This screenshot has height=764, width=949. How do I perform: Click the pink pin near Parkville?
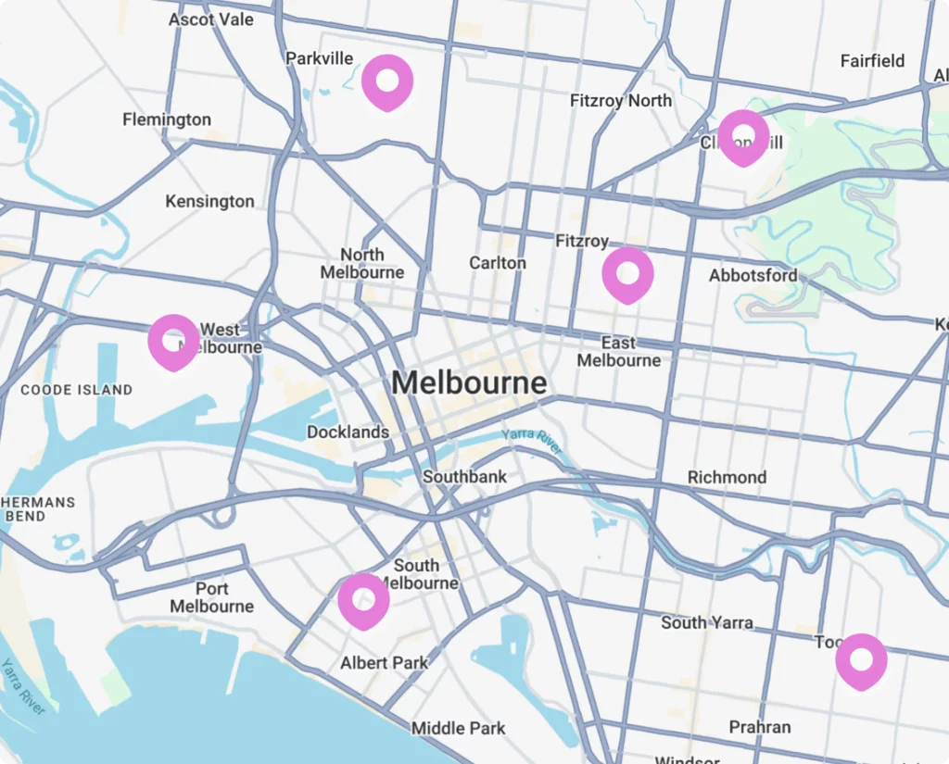pyautogui.click(x=386, y=81)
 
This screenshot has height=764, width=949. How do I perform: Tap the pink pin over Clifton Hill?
pyautogui.click(x=743, y=136)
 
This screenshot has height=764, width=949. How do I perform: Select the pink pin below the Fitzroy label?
pyautogui.click(x=627, y=273)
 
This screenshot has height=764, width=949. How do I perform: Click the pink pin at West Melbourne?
pyautogui.click(x=173, y=341)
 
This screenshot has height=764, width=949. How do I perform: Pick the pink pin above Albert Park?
pyautogui.click(x=363, y=599)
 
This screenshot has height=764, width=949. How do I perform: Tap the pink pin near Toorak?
pyautogui.click(x=861, y=659)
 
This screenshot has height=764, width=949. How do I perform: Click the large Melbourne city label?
pyautogui.click(x=469, y=382)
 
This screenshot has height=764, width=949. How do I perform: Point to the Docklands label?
pyautogui.click(x=348, y=432)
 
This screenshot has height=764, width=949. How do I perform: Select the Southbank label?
pyautogui.click(x=464, y=477)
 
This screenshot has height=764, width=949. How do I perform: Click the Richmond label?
pyautogui.click(x=727, y=477)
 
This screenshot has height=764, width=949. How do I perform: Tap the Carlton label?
pyautogui.click(x=498, y=263)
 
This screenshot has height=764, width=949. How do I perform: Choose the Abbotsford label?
pyautogui.click(x=753, y=276)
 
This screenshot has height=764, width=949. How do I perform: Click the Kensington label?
pyautogui.click(x=209, y=201)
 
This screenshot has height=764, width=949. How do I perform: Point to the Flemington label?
pyautogui.click(x=167, y=119)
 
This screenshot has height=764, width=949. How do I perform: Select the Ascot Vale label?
pyautogui.click(x=211, y=19)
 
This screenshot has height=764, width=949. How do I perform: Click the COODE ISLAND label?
pyautogui.click(x=77, y=390)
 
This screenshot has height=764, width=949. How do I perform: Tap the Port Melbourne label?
pyautogui.click(x=211, y=597)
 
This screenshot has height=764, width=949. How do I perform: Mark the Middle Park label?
pyautogui.click(x=459, y=728)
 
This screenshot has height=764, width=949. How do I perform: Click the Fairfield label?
pyautogui.click(x=872, y=61)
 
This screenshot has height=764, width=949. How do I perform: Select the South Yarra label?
pyautogui.click(x=707, y=622)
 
